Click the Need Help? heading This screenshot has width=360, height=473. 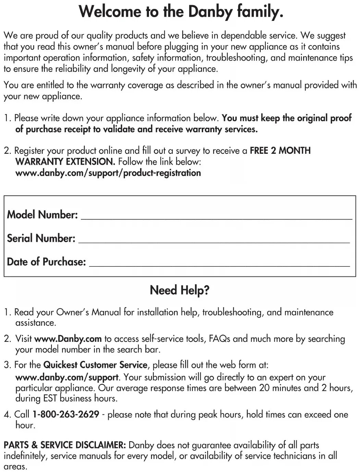coord(179,290)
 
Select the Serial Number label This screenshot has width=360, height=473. coord(41,238)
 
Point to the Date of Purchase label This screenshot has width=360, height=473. coord(46,262)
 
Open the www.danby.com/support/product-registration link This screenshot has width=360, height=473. coord(108,173)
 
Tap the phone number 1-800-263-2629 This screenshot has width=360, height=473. coord(66,414)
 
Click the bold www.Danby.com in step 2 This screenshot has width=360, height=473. coord(68,339)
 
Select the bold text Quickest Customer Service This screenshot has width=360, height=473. coord(95,365)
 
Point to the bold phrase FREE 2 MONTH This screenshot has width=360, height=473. coord(280,151)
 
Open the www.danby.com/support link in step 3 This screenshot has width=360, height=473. coord(67,377)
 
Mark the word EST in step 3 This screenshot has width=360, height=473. coord(50,399)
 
